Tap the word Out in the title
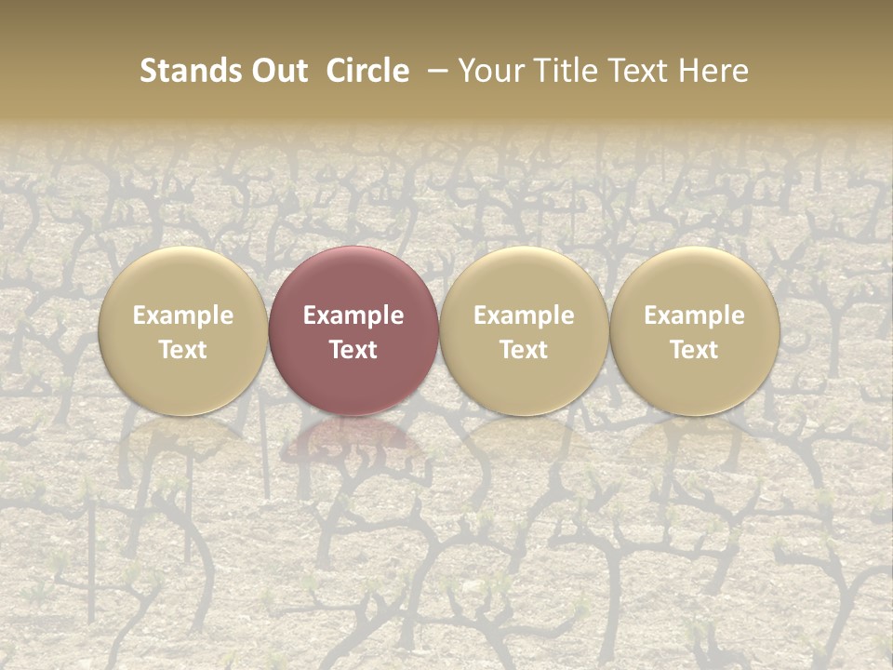tap(277, 71)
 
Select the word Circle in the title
tap(367, 71)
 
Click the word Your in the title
tap(493, 71)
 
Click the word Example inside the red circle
tap(353, 315)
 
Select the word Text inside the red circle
tap(353, 350)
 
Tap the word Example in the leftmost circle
tap(183, 315)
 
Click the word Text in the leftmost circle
tap(183, 350)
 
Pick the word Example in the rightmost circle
tap(694, 315)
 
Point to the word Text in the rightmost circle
tap(694, 350)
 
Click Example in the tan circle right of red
tap(524, 315)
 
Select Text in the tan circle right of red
tap(524, 350)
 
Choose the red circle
tap(353, 279)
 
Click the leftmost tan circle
tap(183, 279)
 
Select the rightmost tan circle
tap(694, 279)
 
